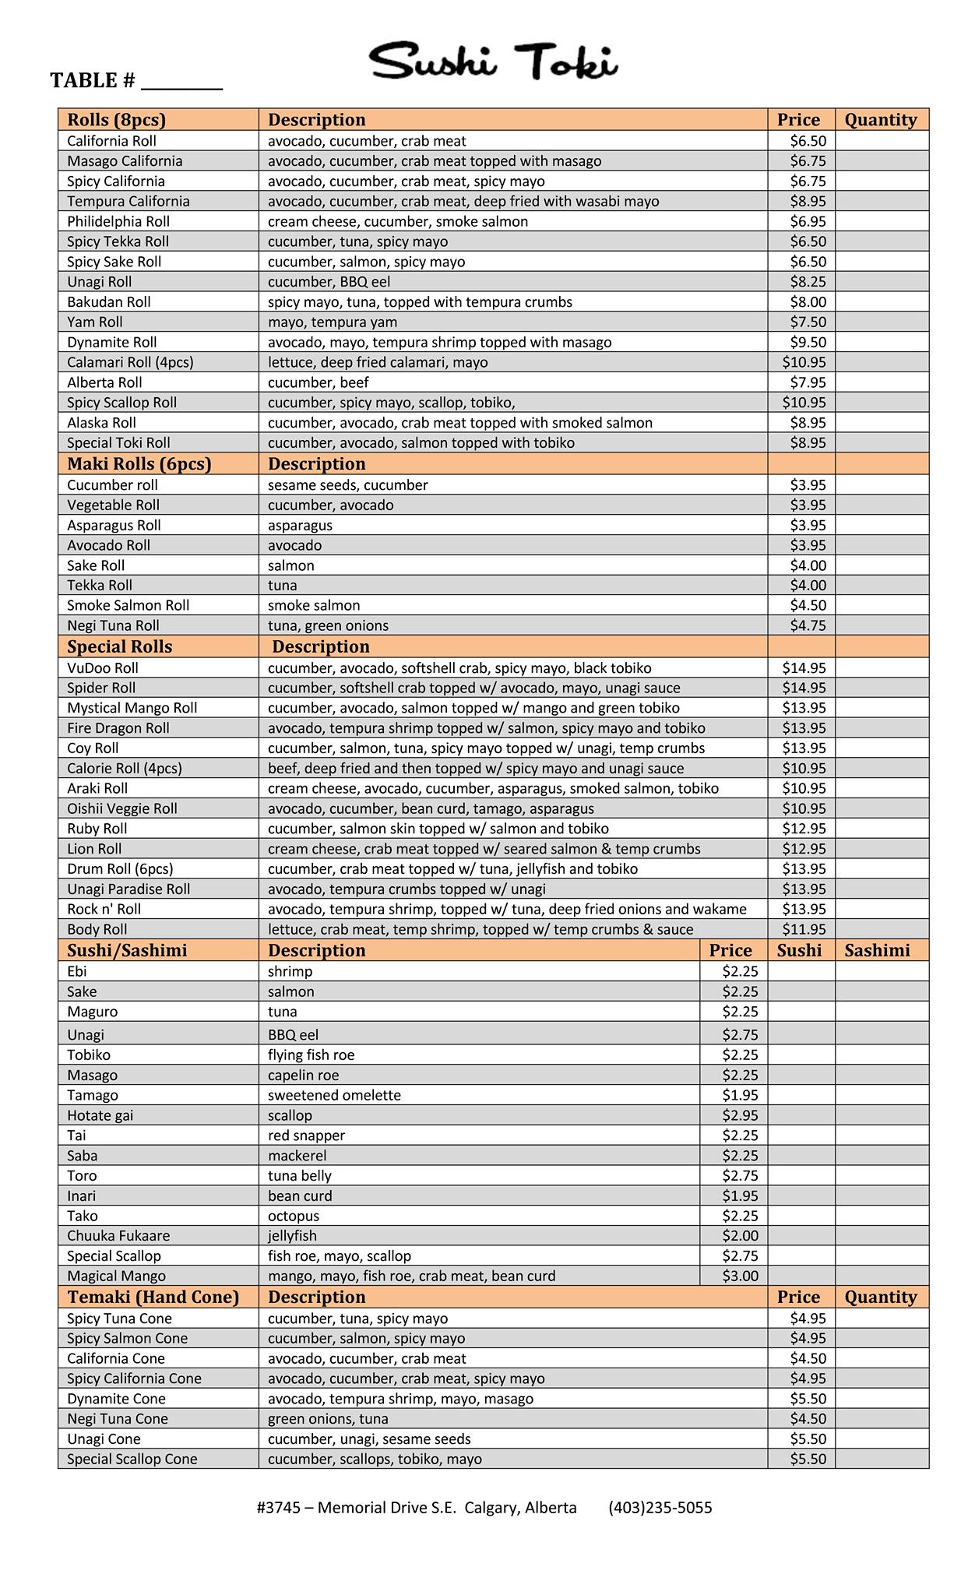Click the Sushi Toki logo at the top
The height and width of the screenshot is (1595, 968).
click(494, 61)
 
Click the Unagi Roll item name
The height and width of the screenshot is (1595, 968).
click(99, 282)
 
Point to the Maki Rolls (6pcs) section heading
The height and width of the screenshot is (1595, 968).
click(139, 464)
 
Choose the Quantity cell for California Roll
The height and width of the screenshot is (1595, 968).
click(882, 141)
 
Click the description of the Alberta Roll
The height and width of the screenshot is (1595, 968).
click(319, 382)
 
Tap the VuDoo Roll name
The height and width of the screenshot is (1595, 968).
click(103, 668)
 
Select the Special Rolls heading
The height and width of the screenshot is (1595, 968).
click(119, 647)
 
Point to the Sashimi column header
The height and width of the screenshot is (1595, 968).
click(877, 950)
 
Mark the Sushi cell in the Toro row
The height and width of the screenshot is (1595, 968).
click(801, 1176)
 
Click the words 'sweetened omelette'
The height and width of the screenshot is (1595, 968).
click(334, 1095)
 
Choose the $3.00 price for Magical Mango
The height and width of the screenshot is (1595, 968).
click(740, 1276)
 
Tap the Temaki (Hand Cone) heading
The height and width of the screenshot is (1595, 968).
click(153, 1297)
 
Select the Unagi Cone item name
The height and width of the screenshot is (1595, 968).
click(104, 1438)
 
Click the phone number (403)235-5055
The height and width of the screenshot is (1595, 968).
click(660, 1507)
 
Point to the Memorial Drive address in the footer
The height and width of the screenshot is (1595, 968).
click(416, 1507)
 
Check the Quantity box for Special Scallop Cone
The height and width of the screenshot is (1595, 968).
click(882, 1459)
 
